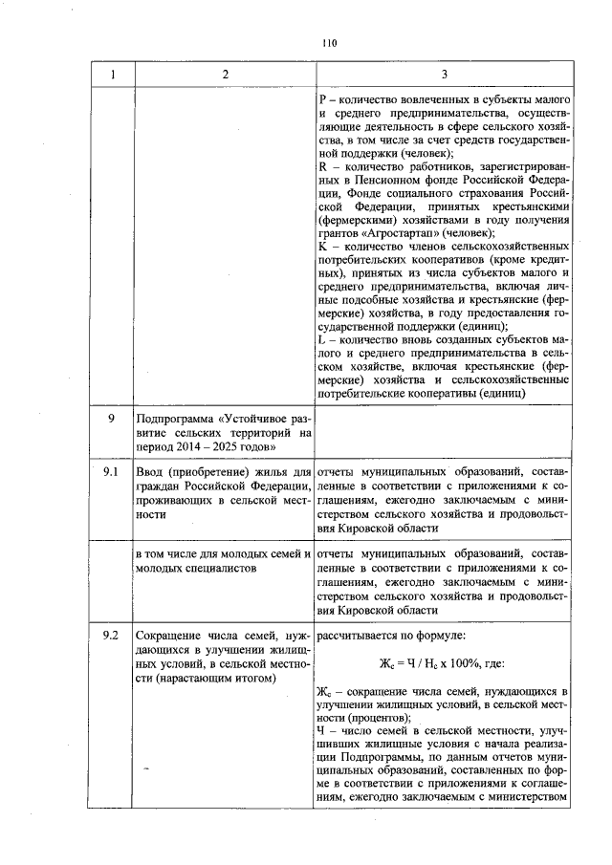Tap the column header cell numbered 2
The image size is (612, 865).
(x=224, y=75)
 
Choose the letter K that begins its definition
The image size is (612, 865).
(x=321, y=247)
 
